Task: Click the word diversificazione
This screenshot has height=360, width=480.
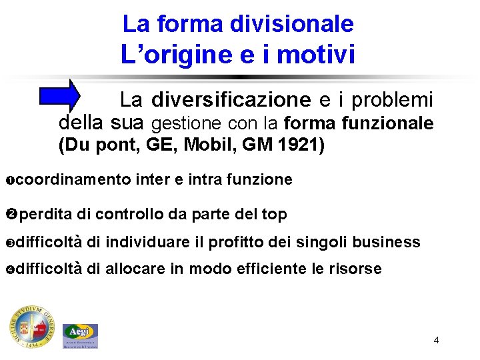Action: point(231,101)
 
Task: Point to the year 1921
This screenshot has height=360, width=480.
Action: point(304,145)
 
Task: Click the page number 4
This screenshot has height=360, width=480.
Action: point(436,341)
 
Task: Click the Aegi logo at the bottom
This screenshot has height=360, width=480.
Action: point(81,335)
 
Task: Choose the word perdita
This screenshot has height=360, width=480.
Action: point(46,214)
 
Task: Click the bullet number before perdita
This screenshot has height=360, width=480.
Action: point(13,214)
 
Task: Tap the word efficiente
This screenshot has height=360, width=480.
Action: point(270,269)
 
